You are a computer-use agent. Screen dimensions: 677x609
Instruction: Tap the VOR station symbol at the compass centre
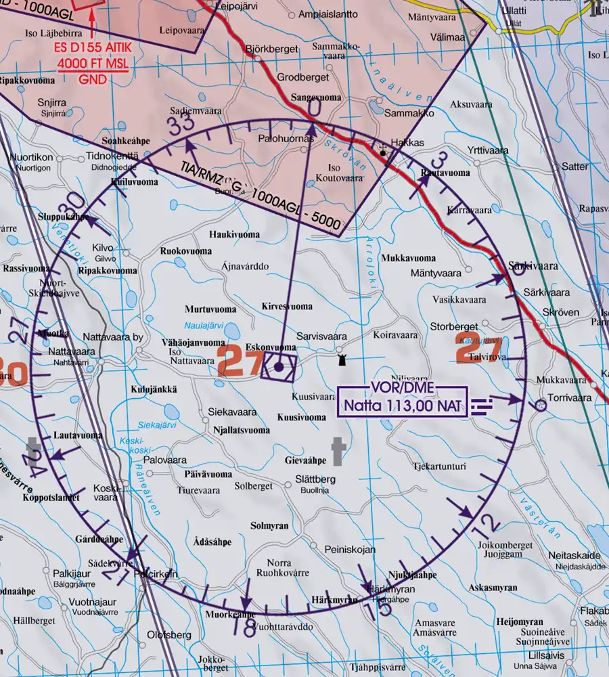(279, 367)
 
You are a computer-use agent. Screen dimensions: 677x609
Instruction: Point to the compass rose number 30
(76, 202)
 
